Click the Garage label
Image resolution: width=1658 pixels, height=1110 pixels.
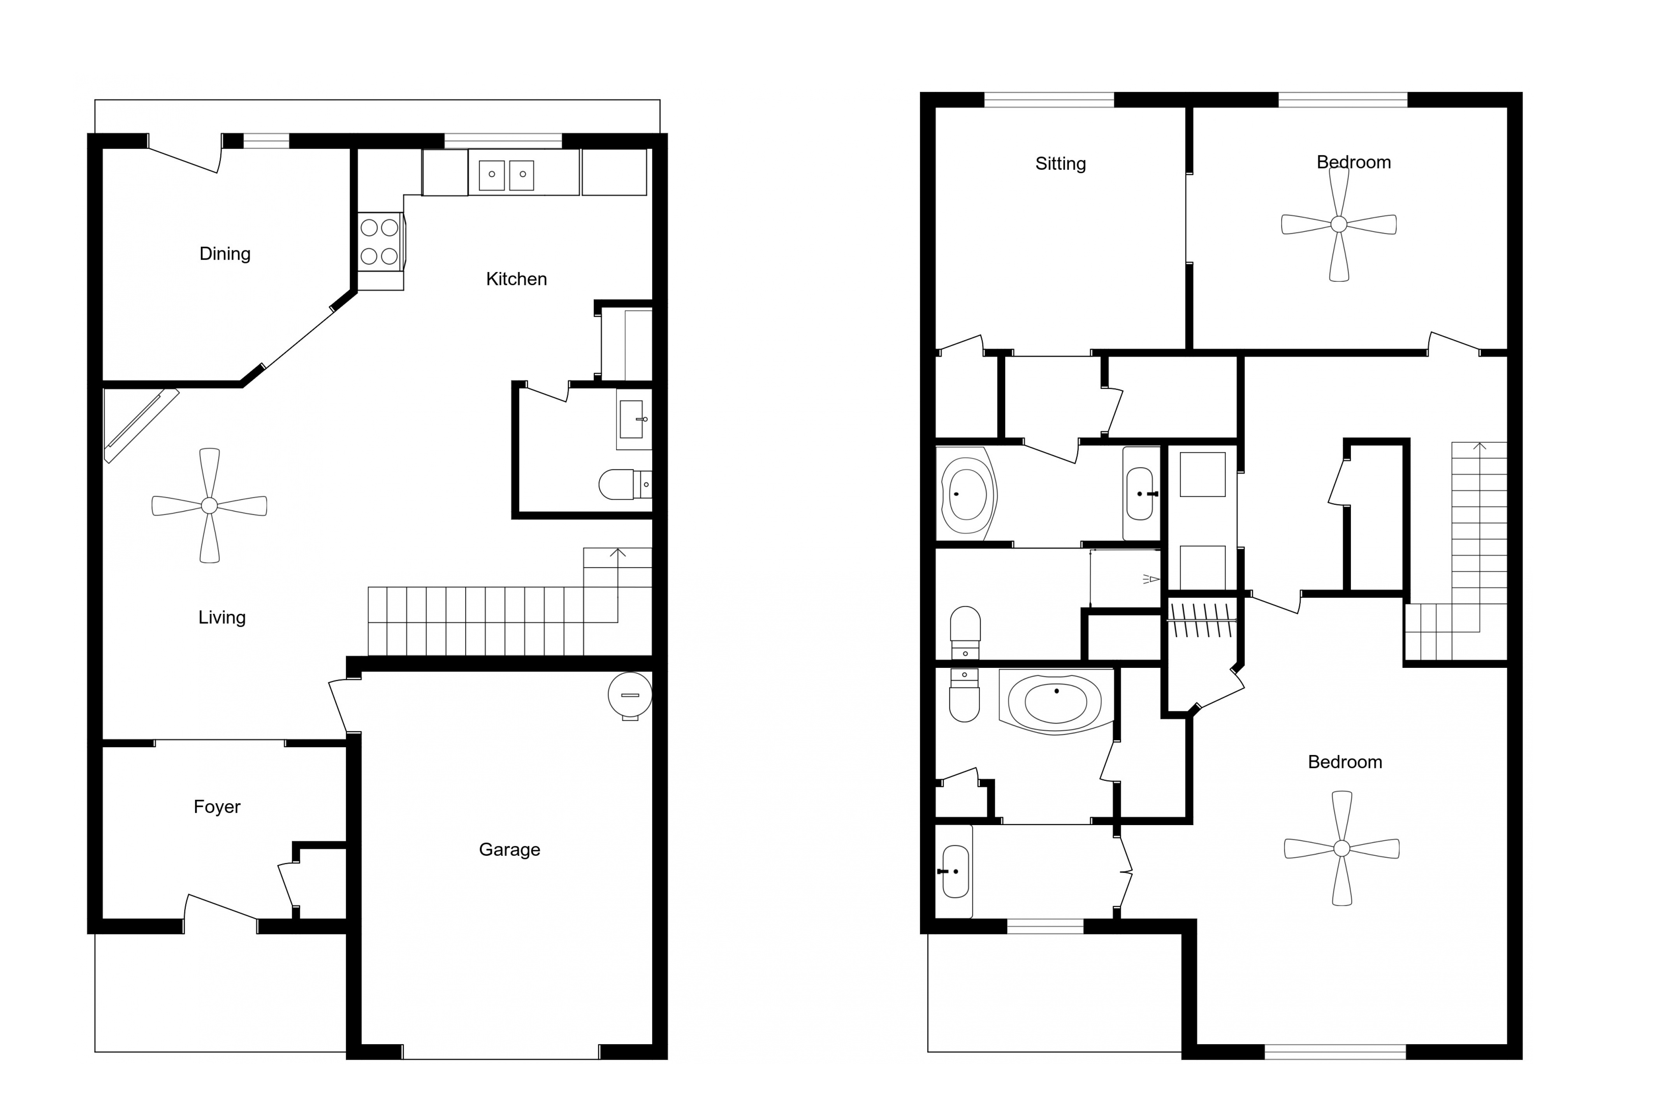[509, 850]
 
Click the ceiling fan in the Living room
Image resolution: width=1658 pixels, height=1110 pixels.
[209, 506]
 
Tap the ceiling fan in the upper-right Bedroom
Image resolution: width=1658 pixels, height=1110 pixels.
[1339, 225]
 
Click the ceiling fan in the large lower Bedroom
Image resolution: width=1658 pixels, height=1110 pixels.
[1342, 848]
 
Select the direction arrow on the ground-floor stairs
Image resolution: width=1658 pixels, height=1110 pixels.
[617, 585]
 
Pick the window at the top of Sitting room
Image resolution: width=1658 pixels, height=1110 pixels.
[1049, 100]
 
